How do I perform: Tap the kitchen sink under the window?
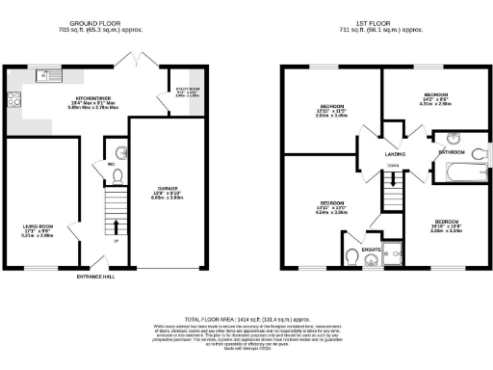click(44, 74)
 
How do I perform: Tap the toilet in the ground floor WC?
click(118, 151)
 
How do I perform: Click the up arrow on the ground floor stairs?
click(117, 229)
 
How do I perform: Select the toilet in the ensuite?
click(353, 255)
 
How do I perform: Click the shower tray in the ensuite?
click(395, 252)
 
